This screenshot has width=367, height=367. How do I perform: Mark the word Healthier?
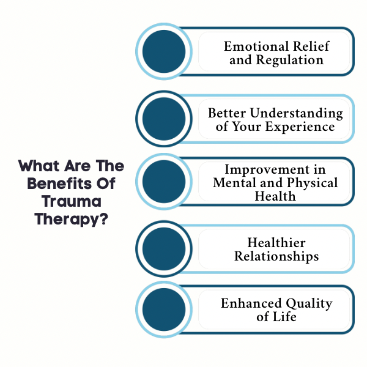click(x=276, y=243)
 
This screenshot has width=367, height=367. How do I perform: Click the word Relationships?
click(x=276, y=256)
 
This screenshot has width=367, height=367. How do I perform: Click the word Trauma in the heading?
click(x=72, y=201)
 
